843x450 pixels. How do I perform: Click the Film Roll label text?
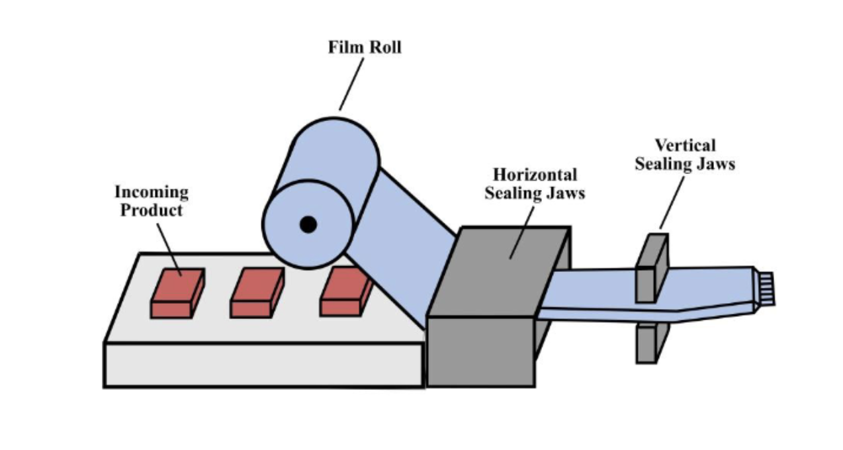pyautogui.click(x=365, y=48)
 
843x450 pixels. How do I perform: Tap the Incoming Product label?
pyautogui.click(x=152, y=201)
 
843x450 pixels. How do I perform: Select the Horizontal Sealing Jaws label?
pyautogui.click(x=535, y=184)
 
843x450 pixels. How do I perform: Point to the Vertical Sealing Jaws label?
pyautogui.click(x=685, y=154)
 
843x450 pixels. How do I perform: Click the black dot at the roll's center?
pyautogui.click(x=308, y=224)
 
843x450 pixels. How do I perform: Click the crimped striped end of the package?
pyautogui.click(x=766, y=289)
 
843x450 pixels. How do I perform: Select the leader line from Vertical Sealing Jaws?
pyautogui.click(x=672, y=201)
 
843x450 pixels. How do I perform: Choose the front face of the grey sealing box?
pyautogui.click(x=480, y=351)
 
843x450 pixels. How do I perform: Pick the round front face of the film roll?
pyautogui.click(x=308, y=224)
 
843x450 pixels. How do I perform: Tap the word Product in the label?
pyautogui.click(x=152, y=210)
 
